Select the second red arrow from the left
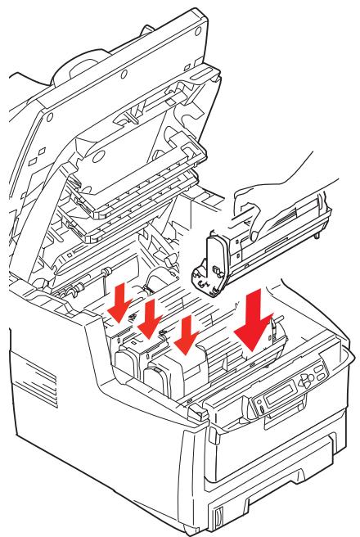[x=151, y=316]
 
